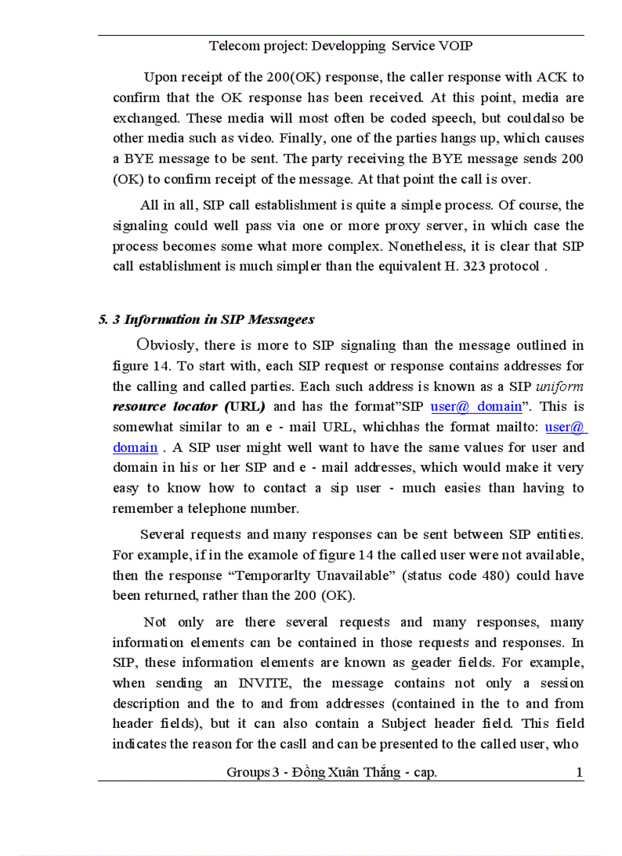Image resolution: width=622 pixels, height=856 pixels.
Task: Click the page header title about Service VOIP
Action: click(341, 46)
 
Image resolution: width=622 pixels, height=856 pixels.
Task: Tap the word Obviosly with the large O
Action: click(168, 345)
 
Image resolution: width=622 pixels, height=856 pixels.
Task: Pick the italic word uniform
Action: click(560, 386)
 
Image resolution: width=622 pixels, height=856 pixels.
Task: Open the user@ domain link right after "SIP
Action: click(476, 407)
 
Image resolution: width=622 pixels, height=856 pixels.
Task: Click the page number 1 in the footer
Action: click(579, 773)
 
